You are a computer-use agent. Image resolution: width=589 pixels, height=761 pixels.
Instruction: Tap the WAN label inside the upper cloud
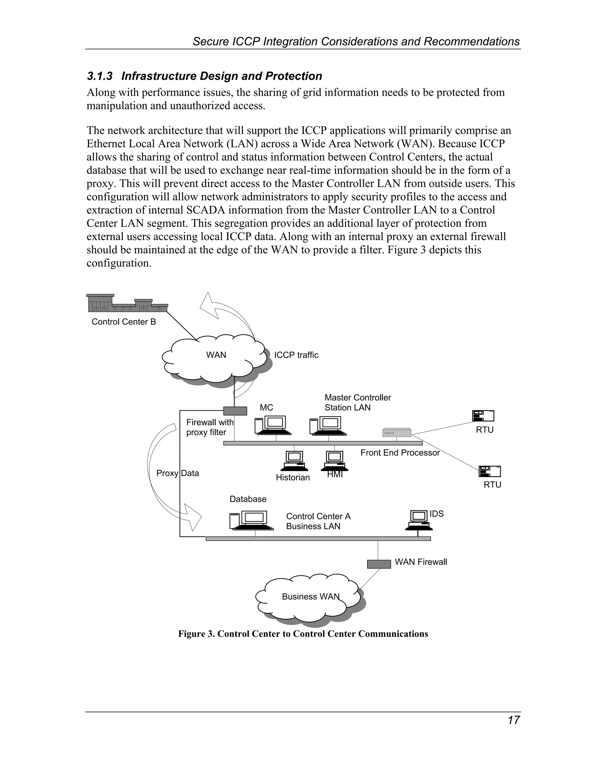pyautogui.click(x=216, y=355)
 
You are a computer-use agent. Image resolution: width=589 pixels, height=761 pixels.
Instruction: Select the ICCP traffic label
pyautogui.click(x=296, y=355)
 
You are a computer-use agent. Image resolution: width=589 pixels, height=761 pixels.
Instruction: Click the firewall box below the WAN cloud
pyautogui.click(x=235, y=411)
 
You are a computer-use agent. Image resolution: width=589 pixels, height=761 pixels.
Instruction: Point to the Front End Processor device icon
pyautogui.click(x=397, y=432)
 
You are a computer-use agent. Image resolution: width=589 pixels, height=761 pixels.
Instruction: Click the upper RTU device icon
pyautogui.click(x=483, y=416)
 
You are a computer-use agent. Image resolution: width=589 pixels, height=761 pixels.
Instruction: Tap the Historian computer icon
pyautogui.click(x=294, y=461)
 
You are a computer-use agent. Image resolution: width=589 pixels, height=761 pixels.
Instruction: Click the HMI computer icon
pyautogui.click(x=334, y=461)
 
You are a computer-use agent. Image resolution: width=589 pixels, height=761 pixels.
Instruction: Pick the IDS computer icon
pyautogui.click(x=419, y=520)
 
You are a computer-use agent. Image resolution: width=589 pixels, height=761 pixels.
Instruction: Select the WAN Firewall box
pyautogui.click(x=378, y=564)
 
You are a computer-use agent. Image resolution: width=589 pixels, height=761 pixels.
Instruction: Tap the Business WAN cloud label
pyautogui.click(x=311, y=596)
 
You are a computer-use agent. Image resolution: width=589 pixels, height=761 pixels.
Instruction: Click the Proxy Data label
pyautogui.click(x=177, y=473)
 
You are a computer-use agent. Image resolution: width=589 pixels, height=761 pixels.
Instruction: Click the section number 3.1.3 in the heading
pyautogui.click(x=100, y=76)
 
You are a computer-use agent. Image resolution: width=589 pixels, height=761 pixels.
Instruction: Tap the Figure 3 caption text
pyautogui.click(x=303, y=634)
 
